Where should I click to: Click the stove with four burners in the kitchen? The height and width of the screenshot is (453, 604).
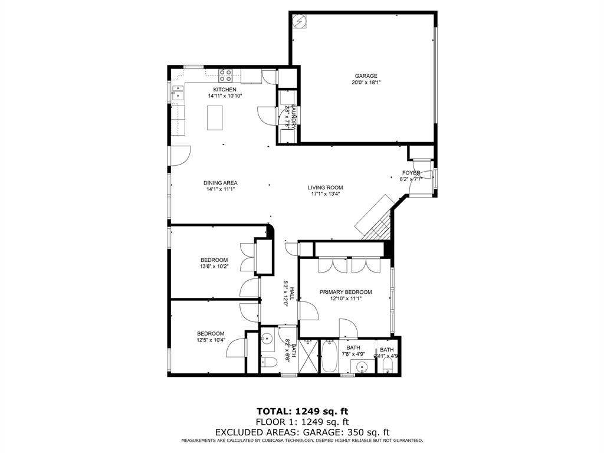coord(226,74)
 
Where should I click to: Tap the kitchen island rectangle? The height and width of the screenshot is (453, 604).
coord(215,117)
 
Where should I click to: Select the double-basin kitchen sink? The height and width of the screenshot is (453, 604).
coord(178,93)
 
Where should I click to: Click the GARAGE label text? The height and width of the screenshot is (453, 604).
coord(366,76)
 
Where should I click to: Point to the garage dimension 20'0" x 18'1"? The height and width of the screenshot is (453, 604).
coord(366,83)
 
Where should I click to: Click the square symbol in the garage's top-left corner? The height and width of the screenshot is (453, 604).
coord(300,21)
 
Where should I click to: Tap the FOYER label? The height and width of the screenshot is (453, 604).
coord(411,173)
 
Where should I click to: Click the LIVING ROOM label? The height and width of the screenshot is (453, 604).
coord(325,188)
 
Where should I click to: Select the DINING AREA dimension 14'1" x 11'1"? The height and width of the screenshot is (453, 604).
coord(222,190)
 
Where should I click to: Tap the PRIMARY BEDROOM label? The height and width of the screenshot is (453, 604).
coord(346,292)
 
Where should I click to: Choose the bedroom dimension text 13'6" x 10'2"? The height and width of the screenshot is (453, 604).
coord(214,267)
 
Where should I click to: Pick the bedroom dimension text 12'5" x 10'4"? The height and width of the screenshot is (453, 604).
coord(211,340)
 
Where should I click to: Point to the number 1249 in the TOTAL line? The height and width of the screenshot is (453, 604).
coord(306,411)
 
